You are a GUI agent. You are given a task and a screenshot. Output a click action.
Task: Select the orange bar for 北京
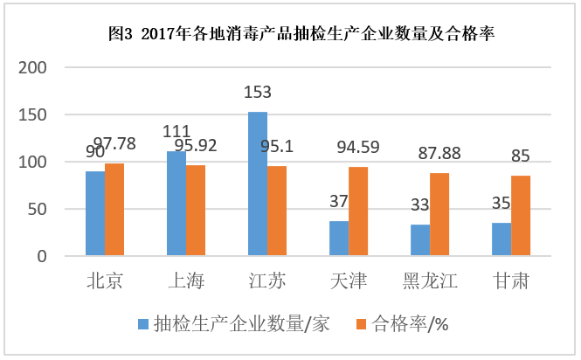(114, 210)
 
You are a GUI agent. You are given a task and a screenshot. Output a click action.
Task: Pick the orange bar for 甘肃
(521, 216)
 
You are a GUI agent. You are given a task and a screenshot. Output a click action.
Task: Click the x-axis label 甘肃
(511, 281)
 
